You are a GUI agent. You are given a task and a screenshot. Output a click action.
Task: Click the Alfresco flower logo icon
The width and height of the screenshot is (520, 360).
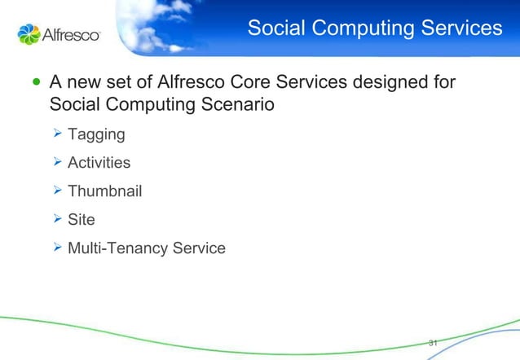(29, 34)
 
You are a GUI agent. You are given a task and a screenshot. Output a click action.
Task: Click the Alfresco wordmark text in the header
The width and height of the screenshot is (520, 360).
(71, 35)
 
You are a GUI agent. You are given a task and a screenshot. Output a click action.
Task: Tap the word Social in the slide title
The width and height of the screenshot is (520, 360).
(275, 29)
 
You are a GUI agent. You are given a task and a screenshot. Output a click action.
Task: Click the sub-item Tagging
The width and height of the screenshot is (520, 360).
(95, 134)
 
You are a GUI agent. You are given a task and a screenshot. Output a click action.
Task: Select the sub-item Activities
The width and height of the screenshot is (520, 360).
(99, 162)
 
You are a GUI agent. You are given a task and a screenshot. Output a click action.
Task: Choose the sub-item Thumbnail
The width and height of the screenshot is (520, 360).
(104, 191)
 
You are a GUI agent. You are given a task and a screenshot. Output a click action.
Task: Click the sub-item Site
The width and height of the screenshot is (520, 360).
(82, 220)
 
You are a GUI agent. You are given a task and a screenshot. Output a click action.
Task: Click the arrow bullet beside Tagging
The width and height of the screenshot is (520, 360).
(57, 133)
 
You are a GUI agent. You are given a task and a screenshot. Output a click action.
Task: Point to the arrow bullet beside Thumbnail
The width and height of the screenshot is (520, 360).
(57, 191)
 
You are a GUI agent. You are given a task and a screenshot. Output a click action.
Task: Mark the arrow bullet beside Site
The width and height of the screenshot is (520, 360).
(57, 219)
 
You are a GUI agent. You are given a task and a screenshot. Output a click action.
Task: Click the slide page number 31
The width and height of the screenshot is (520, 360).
(433, 342)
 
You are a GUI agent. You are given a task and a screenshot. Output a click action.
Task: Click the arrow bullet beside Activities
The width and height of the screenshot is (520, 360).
(57, 162)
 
